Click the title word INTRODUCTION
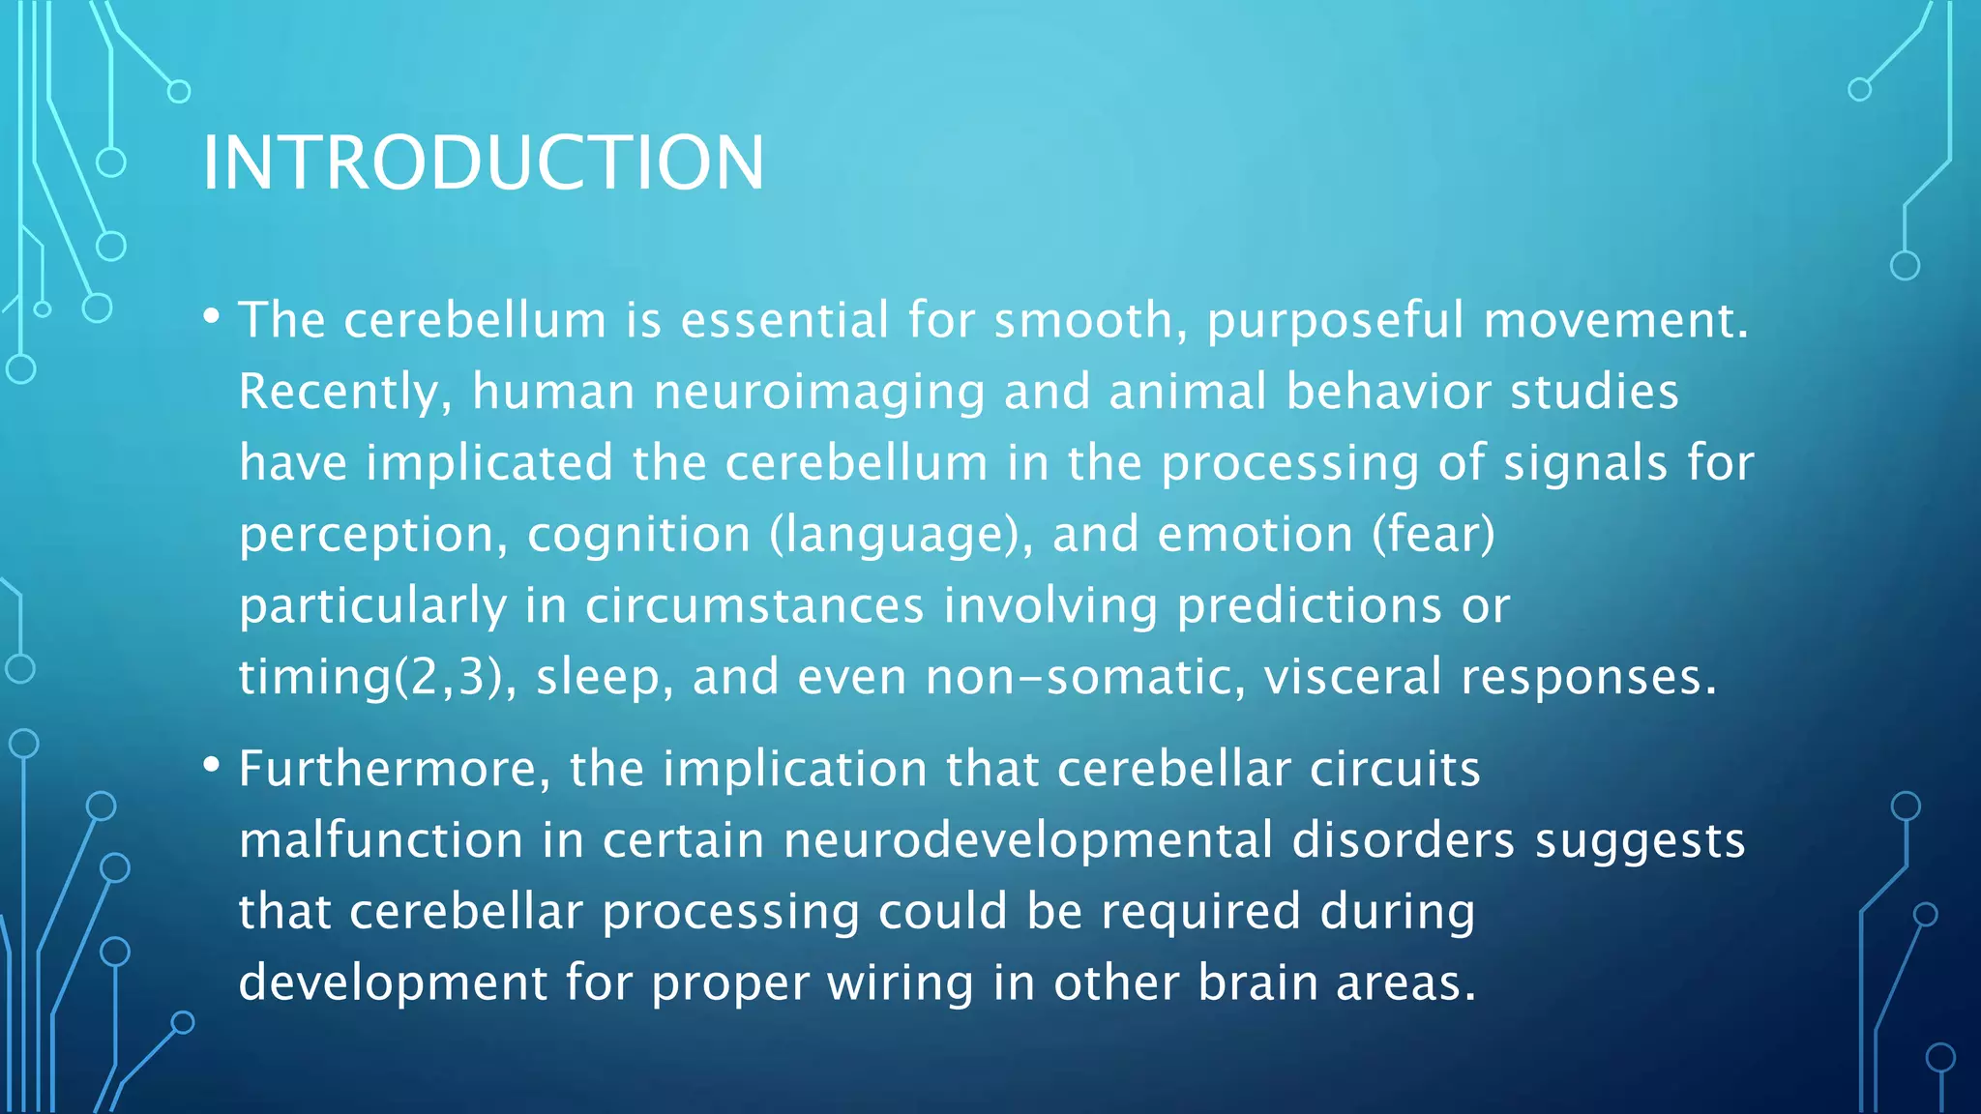(x=483, y=162)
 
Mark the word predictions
(x=1309, y=606)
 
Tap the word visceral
(x=1352, y=677)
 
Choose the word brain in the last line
(x=1258, y=982)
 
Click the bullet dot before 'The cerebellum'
(x=212, y=315)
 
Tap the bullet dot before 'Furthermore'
(x=212, y=765)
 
